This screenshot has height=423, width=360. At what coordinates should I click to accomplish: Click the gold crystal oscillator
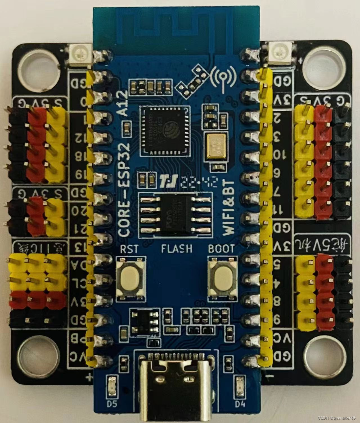pyautogui.click(x=215, y=146)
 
